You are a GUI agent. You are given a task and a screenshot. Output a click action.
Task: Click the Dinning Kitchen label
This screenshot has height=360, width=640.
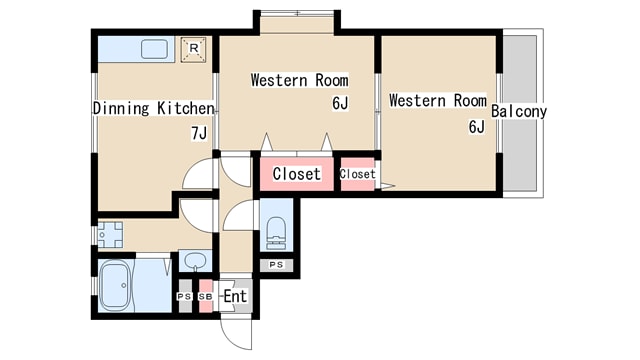(153, 109)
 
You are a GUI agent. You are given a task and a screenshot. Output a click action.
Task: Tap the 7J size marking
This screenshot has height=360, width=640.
(199, 133)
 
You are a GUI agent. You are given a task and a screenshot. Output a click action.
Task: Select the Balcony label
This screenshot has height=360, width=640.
(518, 111)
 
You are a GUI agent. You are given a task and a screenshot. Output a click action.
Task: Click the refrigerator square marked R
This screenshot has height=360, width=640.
(193, 49)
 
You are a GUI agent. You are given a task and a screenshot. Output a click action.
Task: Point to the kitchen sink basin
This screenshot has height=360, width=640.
(154, 49)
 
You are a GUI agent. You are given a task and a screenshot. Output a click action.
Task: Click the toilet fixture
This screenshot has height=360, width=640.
(276, 233)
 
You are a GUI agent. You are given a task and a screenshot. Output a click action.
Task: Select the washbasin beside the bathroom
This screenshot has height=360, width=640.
(196, 261)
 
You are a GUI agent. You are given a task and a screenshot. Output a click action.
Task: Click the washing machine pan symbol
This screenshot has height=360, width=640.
(110, 235)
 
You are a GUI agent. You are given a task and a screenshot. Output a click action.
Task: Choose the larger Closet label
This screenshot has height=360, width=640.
(297, 174)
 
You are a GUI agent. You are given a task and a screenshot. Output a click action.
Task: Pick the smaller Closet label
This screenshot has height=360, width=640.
(358, 174)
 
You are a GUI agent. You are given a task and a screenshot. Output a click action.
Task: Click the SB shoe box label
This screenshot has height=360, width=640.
(206, 297)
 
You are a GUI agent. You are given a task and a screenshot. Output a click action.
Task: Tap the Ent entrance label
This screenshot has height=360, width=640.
(235, 296)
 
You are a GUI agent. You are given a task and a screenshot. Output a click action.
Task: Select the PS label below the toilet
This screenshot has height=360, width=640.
(276, 265)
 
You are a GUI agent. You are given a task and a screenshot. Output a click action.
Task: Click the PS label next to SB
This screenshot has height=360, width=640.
(184, 297)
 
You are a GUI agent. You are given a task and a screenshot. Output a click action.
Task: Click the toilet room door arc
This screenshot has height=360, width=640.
(233, 209)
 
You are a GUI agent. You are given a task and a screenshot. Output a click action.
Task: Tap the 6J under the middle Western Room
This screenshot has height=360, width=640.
(340, 104)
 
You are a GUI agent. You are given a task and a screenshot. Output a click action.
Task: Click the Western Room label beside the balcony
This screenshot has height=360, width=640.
(438, 101)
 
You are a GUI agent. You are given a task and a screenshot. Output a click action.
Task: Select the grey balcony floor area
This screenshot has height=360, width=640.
(520, 113)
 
